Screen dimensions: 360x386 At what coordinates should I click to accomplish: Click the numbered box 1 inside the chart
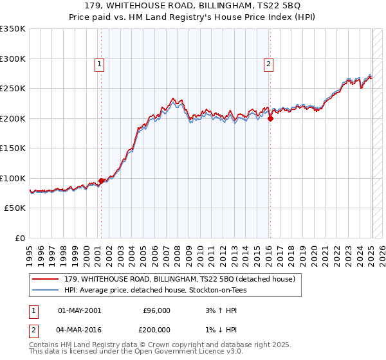click(100, 64)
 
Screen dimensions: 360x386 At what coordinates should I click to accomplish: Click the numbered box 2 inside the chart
click(268, 64)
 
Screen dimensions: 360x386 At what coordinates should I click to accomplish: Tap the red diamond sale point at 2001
click(101, 181)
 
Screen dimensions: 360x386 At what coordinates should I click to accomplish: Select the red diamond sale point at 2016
click(270, 118)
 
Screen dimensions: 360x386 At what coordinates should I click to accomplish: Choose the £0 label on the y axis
click(19, 238)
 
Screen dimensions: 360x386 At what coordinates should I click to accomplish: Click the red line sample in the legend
click(46, 279)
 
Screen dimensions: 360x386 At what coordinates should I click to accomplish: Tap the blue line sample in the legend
click(46, 290)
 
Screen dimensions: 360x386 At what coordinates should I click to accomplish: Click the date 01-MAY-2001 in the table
click(79, 310)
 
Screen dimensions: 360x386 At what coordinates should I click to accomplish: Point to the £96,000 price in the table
click(156, 310)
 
